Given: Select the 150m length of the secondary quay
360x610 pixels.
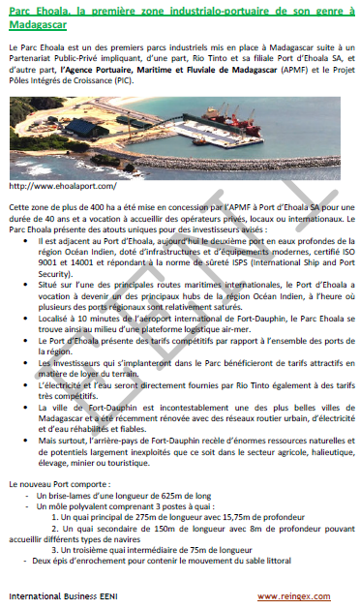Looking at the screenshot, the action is coord(158,530).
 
